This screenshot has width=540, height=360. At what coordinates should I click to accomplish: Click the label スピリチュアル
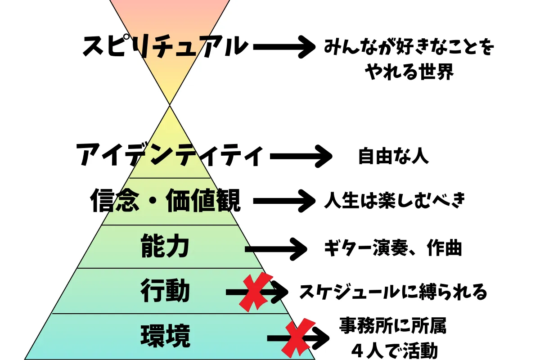tap(165, 46)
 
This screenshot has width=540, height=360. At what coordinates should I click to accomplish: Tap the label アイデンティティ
tap(170, 156)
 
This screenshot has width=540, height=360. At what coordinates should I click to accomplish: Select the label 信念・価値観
tap(166, 201)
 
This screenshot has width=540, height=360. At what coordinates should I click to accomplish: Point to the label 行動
tap(165, 291)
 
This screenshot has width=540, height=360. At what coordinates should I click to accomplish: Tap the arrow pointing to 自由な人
tap(301, 156)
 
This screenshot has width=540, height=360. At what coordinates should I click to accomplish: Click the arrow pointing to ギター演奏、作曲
tap(276, 247)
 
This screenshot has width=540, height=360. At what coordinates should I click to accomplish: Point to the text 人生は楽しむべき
tap(393, 201)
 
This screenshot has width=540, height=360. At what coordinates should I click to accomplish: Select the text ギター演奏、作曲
tap(393, 247)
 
